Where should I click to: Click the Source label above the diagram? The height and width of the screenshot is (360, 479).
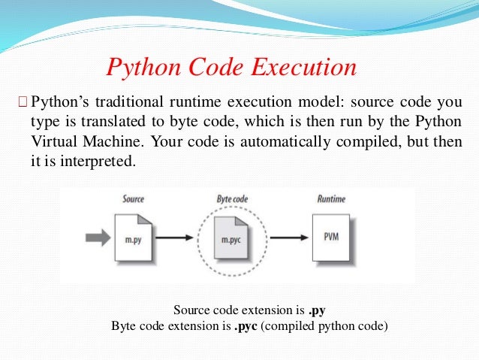tap(134, 199)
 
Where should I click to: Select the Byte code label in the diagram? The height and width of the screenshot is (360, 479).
tap(233, 199)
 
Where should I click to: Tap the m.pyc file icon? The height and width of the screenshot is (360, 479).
tap(233, 238)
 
